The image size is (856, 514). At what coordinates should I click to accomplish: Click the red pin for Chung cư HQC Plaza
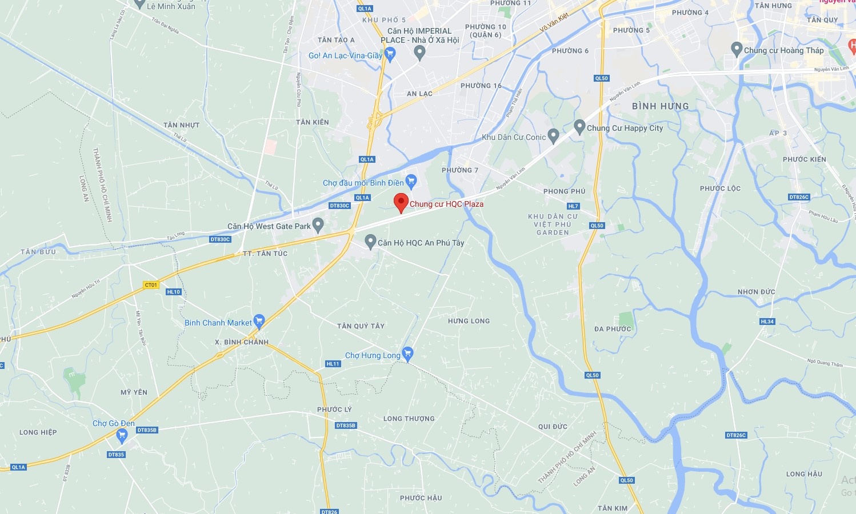tap(401, 202)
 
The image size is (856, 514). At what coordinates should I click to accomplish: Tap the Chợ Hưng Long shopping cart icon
tap(407, 354)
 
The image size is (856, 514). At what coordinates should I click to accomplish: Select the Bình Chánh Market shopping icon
tap(259, 322)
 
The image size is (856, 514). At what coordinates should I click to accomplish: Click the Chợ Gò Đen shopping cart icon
tap(121, 436)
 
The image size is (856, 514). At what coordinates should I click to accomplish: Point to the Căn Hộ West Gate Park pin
tap(318, 225)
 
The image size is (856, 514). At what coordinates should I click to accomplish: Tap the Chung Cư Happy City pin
tap(579, 127)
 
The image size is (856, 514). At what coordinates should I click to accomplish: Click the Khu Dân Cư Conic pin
tap(553, 136)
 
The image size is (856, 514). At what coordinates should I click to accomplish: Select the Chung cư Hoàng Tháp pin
tap(737, 49)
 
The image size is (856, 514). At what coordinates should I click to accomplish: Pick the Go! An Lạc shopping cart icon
tap(390, 54)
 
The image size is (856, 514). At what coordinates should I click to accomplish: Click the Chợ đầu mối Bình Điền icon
tap(411, 182)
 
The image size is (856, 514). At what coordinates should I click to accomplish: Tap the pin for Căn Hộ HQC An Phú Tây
tap(370, 242)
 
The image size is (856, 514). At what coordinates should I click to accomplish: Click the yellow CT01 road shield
tap(151, 285)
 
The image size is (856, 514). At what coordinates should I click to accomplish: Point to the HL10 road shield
tap(174, 292)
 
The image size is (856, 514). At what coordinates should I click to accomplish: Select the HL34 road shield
tap(767, 322)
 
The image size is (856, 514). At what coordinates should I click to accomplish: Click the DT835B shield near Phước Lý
tap(346, 425)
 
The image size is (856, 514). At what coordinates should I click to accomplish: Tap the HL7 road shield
tap(573, 206)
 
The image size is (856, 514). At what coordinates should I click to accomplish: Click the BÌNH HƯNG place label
tap(660, 106)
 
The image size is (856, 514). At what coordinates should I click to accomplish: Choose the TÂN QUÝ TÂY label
tap(361, 326)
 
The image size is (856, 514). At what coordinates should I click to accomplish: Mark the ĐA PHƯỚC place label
tap(613, 329)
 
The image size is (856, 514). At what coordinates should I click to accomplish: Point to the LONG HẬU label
tap(804, 474)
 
